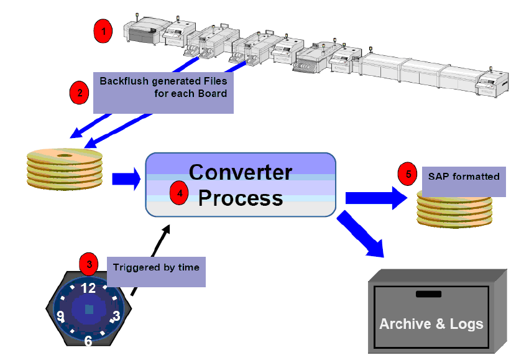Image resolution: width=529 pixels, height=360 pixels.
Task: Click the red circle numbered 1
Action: pos(103,29)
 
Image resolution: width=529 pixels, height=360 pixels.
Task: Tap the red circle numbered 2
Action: pos(78,93)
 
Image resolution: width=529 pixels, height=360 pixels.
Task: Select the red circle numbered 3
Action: pos(90,264)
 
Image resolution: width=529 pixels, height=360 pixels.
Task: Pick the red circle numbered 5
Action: pos(408,174)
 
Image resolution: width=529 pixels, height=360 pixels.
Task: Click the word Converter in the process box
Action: pos(240,172)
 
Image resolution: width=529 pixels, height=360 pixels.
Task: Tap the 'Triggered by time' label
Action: pos(156,267)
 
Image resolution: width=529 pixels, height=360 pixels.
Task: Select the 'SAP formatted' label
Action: pos(464,177)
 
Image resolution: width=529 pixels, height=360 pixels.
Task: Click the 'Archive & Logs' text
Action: pos(431,324)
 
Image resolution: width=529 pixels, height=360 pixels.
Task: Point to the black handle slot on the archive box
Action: pos(428,293)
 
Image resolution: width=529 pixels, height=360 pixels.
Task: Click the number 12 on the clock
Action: pos(89,288)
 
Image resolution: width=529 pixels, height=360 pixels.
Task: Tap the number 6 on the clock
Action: pos(88,340)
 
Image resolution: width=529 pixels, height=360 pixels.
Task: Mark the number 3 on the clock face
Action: pos(116,316)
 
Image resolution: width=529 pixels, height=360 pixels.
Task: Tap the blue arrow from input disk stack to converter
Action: pos(126,180)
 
